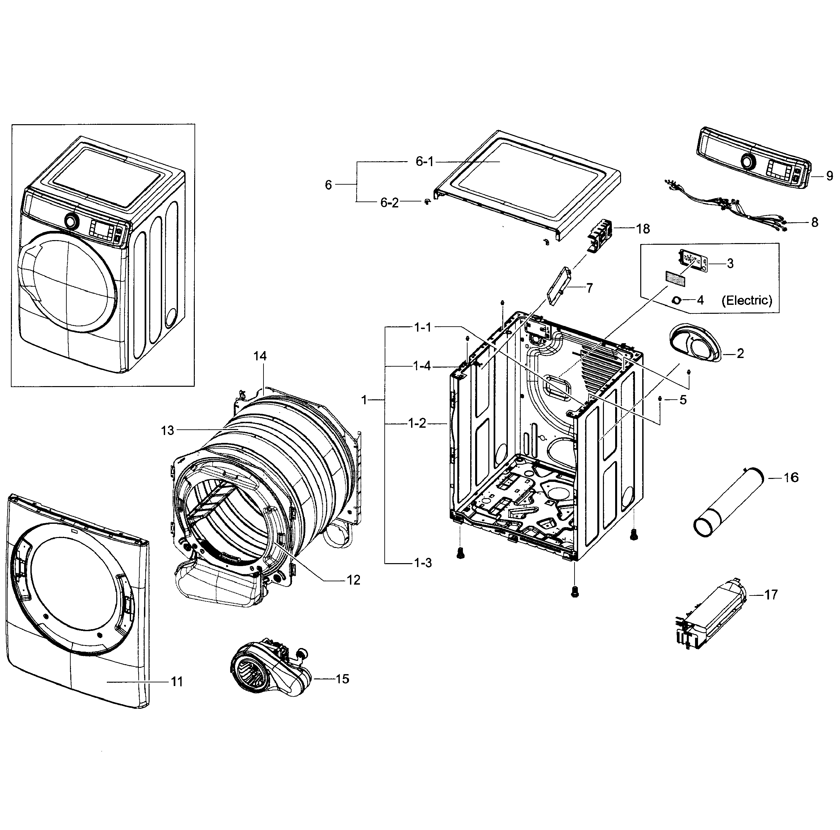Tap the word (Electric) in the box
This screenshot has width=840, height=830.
pyautogui.click(x=747, y=300)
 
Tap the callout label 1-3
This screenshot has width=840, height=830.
pyautogui.click(x=422, y=563)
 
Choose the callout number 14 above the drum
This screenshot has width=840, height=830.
pyautogui.click(x=260, y=356)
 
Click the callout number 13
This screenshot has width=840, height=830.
pyautogui.click(x=167, y=430)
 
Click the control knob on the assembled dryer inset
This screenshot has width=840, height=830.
pyautogui.click(x=71, y=221)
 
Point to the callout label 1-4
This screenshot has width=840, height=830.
pyautogui.click(x=422, y=366)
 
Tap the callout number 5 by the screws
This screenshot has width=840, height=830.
pyautogui.click(x=683, y=399)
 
